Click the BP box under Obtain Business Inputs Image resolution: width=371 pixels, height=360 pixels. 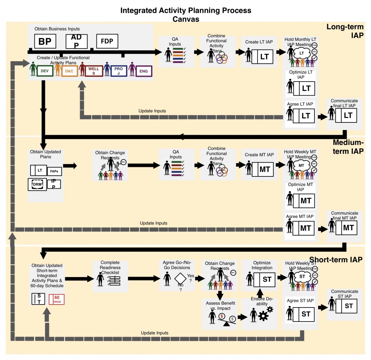coord(45,42)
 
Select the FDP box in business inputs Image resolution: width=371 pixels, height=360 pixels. coord(107,41)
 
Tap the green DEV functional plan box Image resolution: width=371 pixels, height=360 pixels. coord(45,71)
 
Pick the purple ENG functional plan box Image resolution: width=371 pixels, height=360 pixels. coord(143,71)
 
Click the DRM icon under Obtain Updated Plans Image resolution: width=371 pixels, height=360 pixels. coord(37,184)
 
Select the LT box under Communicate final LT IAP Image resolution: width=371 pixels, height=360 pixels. coord(348,116)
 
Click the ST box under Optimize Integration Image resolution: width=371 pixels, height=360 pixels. coord(267,280)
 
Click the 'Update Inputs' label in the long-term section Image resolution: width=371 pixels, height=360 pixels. coord(152,110)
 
